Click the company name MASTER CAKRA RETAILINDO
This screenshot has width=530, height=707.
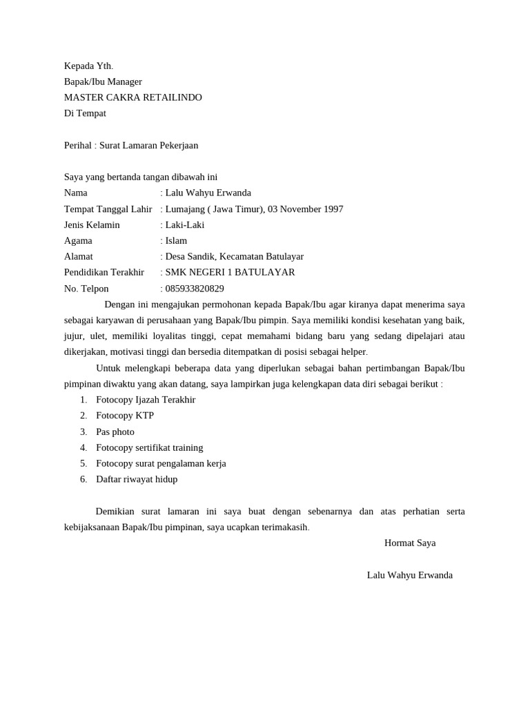133,97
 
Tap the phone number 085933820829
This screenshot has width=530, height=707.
195,289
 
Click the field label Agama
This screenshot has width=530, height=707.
78,241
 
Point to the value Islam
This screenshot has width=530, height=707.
176,241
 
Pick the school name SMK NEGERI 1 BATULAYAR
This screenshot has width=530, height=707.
230,273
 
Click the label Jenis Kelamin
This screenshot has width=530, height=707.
92,225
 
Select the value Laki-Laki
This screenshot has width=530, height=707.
185,225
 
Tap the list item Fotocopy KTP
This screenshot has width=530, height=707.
125,416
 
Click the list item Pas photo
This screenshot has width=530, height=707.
115,432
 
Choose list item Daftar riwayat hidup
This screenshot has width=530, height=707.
137,479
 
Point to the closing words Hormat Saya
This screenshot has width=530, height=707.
410,543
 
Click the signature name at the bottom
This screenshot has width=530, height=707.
410,575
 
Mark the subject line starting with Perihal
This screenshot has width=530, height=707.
131,146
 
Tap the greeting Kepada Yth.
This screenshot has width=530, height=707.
88,66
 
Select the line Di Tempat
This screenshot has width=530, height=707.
85,113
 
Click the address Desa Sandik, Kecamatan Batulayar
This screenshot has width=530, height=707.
235,257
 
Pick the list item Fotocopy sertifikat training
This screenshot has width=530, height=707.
150,447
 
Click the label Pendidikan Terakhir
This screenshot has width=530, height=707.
104,273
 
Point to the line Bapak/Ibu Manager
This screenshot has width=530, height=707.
103,82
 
